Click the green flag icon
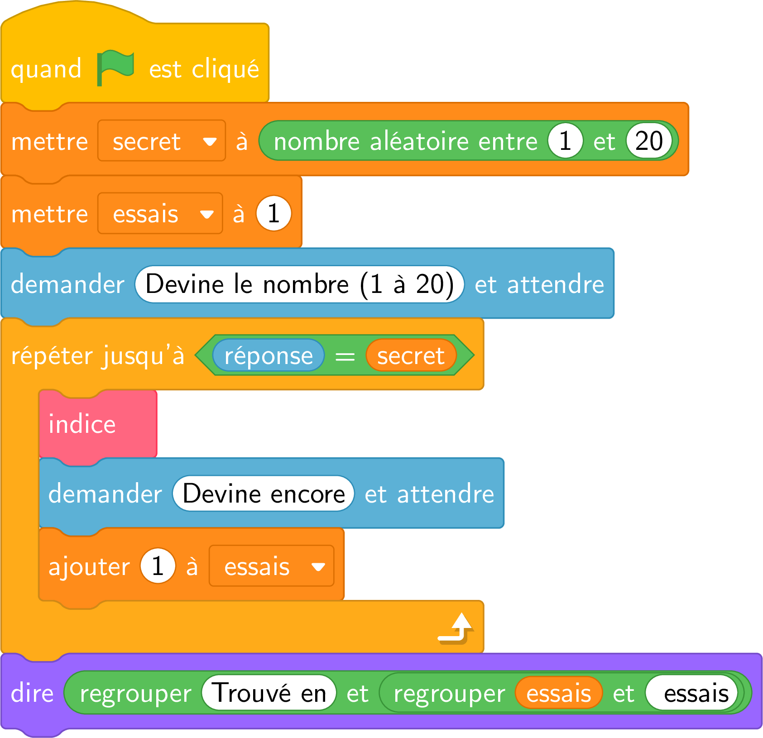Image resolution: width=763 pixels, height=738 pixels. pyautogui.click(x=115, y=68)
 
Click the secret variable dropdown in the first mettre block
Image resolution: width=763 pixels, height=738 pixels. pyautogui.click(x=162, y=140)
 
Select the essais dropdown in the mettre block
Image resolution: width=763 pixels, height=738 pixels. pyautogui.click(x=160, y=213)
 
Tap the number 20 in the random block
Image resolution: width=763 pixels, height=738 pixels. pyautogui.click(x=649, y=140)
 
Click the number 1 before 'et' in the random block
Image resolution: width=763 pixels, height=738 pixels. pyautogui.click(x=565, y=140)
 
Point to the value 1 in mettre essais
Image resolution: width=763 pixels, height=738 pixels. pyautogui.click(x=274, y=213)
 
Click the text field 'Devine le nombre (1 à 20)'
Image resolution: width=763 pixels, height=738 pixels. pyautogui.click(x=299, y=284)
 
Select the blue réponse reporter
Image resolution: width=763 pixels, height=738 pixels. pyautogui.click(x=269, y=355)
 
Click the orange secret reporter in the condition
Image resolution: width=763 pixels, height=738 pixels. pyautogui.click(x=411, y=355)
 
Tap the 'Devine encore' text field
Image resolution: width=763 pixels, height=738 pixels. pyautogui.click(x=263, y=494)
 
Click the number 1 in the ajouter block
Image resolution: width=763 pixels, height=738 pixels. pyautogui.click(x=158, y=566)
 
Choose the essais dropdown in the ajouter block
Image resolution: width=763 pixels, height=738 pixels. pyautogui.click(x=271, y=566)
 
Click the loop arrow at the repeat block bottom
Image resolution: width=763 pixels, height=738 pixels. pyautogui.click(x=456, y=628)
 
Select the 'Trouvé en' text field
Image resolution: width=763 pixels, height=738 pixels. pyautogui.click(x=269, y=692)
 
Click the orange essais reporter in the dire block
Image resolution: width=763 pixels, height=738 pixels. pyautogui.click(x=559, y=693)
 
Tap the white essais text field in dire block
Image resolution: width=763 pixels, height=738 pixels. pyautogui.click(x=691, y=693)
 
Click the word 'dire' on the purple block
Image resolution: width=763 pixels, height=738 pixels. pyautogui.click(x=32, y=693)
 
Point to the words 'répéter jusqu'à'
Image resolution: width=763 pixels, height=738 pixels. pyautogui.click(x=98, y=355)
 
